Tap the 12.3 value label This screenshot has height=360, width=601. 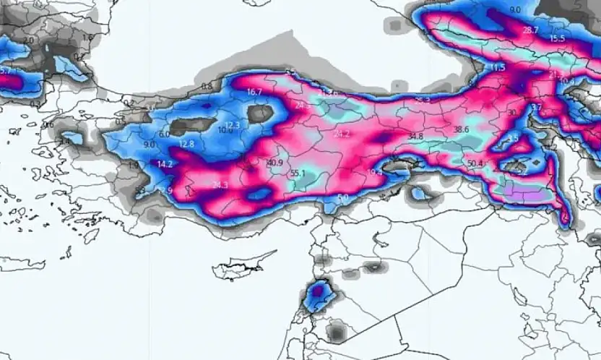(x=232, y=125)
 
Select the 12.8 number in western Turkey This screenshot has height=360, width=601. (x=187, y=145)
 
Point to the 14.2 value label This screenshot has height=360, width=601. (x=165, y=165)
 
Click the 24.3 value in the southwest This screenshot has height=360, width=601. (x=220, y=186)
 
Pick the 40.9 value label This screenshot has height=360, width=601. (x=274, y=163)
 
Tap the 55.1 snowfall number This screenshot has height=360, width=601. (x=298, y=173)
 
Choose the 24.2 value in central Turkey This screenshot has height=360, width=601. (x=342, y=134)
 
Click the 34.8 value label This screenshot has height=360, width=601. (x=415, y=136)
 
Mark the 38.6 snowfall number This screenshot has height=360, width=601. (x=461, y=129)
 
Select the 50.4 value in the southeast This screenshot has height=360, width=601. (x=475, y=163)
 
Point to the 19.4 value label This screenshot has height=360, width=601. (x=376, y=172)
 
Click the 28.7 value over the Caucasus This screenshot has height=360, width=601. (x=530, y=30)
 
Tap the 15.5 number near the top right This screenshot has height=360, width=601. (x=557, y=38)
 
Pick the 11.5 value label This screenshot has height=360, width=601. (x=498, y=68)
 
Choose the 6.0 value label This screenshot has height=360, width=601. (x=164, y=134)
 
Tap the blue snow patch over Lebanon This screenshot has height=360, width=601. (x=316, y=292)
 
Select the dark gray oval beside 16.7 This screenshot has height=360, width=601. (x=260, y=113)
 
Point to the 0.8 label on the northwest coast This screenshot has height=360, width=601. (x=207, y=86)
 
